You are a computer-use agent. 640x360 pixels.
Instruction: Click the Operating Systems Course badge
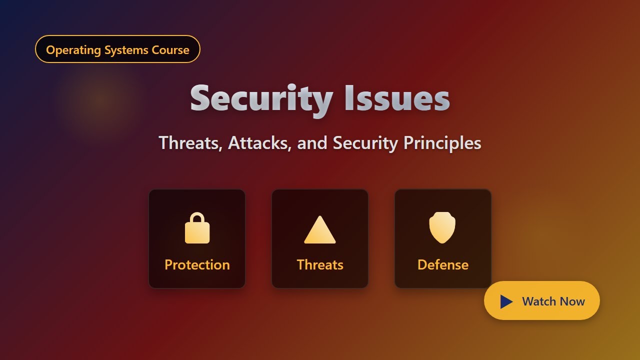(117, 49)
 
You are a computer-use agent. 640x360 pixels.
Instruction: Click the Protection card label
(197, 264)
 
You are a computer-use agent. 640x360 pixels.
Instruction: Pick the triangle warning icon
(320, 231)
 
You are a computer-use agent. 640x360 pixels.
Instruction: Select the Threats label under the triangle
(320, 264)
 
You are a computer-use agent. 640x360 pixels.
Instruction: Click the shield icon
(442, 227)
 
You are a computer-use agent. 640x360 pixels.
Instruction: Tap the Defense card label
(443, 264)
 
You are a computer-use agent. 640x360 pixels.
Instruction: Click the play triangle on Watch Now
(506, 301)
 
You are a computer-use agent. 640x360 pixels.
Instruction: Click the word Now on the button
(572, 301)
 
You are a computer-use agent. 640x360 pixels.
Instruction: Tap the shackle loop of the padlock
(197, 218)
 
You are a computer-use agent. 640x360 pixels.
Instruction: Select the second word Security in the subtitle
(366, 143)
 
